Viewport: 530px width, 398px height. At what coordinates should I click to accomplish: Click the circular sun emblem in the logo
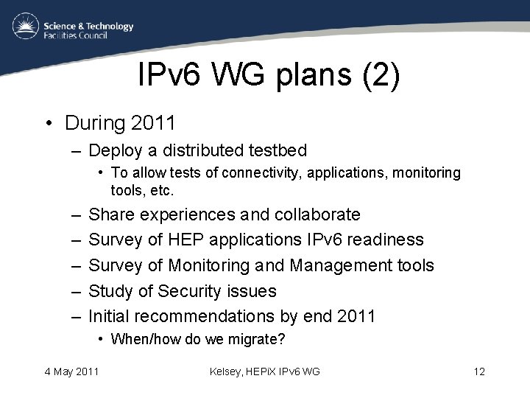26,27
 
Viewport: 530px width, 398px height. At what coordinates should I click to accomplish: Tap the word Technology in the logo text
107,26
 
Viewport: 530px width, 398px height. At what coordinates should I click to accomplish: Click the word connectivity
265,172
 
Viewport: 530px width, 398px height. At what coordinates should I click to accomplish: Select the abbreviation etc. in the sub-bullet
163,190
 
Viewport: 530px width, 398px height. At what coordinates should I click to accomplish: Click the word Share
111,214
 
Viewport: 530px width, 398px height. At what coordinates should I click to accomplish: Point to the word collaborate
317,214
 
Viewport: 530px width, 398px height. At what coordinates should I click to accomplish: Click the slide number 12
479,371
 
